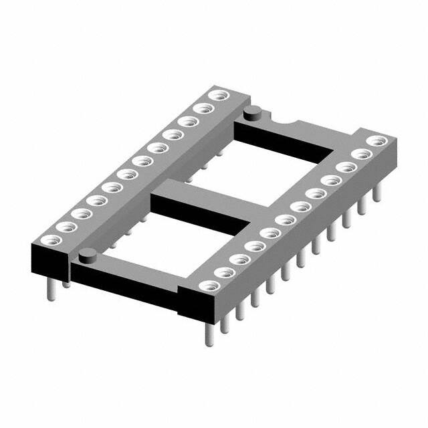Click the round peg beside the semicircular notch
[x=253, y=113]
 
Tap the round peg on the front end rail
[x=87, y=256]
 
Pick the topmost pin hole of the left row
[x=215, y=96]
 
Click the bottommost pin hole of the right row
[x=207, y=286]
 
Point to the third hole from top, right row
[x=346, y=167]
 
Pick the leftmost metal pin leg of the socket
[x=51, y=286]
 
